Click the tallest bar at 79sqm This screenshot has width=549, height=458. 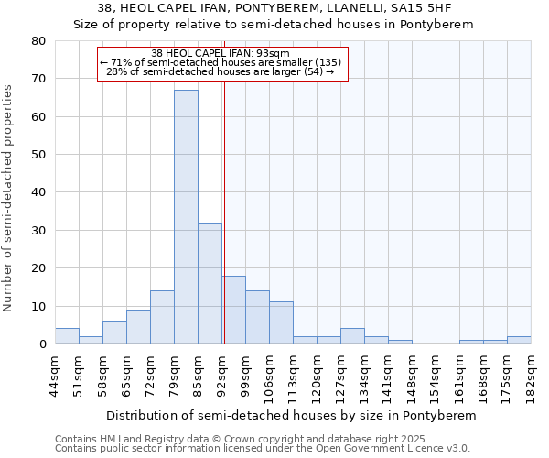186,217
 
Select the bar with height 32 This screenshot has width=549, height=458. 210,283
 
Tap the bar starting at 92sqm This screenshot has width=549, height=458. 233,310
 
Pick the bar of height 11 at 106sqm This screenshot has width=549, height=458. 281,322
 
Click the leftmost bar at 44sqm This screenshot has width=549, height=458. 67,336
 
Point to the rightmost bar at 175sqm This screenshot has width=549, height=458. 519,340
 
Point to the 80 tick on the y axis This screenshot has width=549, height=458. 38,41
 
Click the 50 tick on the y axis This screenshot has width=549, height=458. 38,155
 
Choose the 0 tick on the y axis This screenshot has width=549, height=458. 42,344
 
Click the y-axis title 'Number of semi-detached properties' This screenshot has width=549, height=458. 9,198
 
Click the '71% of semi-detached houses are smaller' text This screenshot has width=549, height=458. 223,62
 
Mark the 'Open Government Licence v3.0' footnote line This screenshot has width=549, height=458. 263,449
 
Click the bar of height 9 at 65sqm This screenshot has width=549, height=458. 138,327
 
